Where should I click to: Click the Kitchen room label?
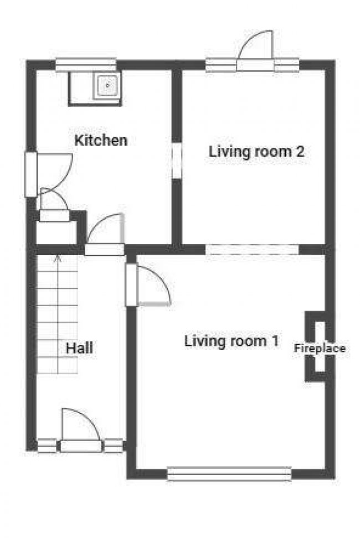[x=101, y=141]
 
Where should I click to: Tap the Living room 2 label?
[x=256, y=151]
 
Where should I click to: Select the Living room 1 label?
[x=232, y=341]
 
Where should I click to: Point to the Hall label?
[x=79, y=348]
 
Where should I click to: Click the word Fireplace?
[x=320, y=348]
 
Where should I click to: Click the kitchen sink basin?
[x=107, y=85]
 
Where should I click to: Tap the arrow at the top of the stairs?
[x=58, y=258]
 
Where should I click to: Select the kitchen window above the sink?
[x=86, y=65]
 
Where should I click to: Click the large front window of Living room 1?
[x=229, y=474]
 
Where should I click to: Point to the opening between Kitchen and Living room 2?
[x=177, y=160]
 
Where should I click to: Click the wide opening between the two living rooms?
[x=253, y=250]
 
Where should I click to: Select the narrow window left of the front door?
[x=47, y=446]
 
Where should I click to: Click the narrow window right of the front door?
[x=113, y=446]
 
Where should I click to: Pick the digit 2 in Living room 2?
[x=300, y=151]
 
